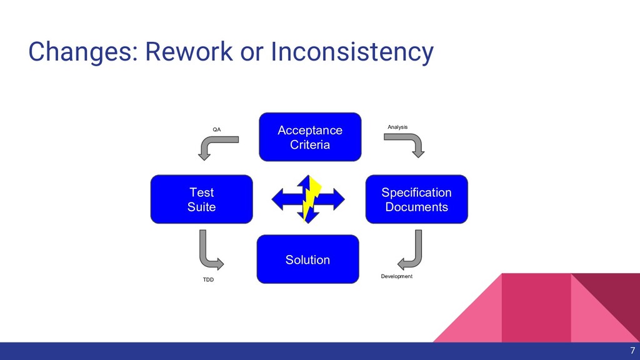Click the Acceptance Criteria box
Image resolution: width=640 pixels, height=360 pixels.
pos(310,137)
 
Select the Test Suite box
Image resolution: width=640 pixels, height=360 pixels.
pos(201,199)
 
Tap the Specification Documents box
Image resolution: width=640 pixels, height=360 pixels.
pos(416,199)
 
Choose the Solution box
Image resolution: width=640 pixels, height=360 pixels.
pos(307,259)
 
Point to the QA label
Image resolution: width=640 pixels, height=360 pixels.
pos(217,129)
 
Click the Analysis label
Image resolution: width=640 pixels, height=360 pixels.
pos(397,127)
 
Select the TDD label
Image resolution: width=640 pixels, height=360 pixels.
pos(208,279)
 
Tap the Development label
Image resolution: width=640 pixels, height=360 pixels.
pos(397,276)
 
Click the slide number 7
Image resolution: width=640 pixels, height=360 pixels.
pos(632,351)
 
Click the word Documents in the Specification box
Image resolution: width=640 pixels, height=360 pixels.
pos(416,207)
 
